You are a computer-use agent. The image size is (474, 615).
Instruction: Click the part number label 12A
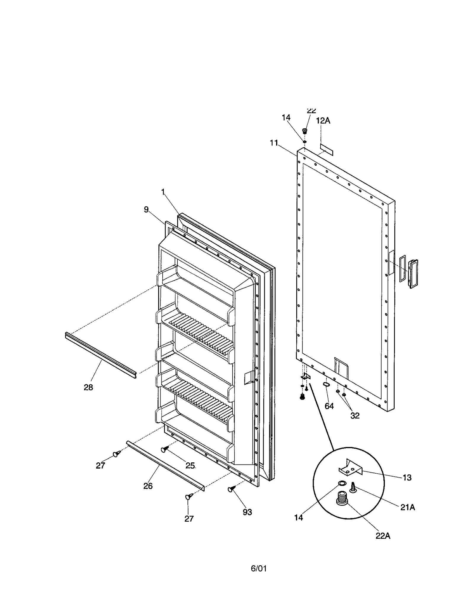(323, 121)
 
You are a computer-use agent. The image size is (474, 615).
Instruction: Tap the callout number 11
(274, 143)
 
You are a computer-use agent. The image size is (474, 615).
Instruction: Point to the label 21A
(408, 507)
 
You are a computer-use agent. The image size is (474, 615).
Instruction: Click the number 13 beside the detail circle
(407, 477)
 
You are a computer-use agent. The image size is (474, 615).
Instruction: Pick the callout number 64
(329, 406)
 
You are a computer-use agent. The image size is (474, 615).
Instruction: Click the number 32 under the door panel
(355, 416)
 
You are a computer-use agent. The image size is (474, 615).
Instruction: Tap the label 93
(247, 512)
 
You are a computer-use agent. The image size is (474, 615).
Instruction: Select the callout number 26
(148, 486)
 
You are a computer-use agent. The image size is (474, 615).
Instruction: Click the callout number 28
(88, 387)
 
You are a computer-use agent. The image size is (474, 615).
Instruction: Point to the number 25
(190, 465)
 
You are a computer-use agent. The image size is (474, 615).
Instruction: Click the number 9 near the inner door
(146, 210)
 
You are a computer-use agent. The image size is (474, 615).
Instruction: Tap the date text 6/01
(259, 568)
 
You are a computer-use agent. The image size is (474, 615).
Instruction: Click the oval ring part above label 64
(326, 384)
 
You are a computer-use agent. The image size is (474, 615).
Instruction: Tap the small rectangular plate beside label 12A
(326, 149)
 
